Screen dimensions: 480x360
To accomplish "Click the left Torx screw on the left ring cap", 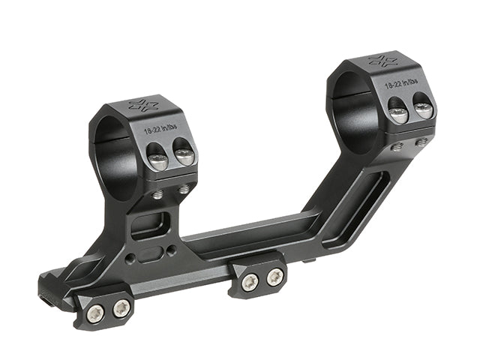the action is point(157,160).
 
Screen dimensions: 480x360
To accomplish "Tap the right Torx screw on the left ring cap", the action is point(184,157).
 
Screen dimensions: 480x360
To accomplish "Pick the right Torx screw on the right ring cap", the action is point(423,109).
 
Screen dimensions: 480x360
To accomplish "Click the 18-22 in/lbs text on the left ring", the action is point(163,129).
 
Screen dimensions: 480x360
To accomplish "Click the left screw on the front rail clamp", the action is point(94,313).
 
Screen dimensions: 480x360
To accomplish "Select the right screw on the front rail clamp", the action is point(120,309).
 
